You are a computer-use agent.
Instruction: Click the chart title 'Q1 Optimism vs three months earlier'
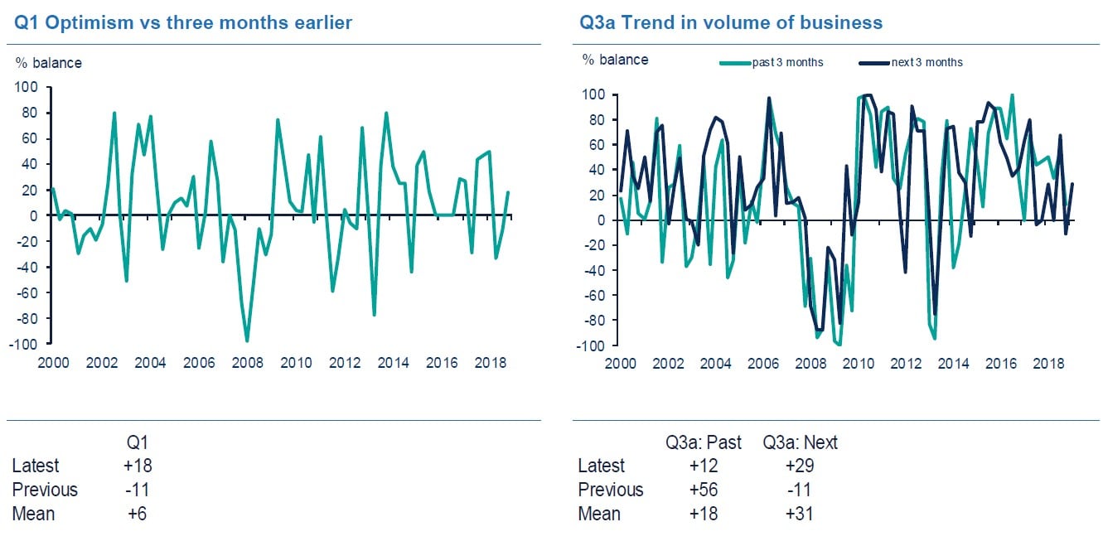tap(183, 22)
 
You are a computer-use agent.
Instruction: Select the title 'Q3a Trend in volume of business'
tap(731, 22)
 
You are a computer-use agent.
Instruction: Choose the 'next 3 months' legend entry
tap(926, 62)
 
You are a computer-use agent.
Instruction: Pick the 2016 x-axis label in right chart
tap(1002, 364)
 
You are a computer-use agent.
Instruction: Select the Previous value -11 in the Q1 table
tap(137, 490)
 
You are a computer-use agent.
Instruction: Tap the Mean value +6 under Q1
tap(137, 514)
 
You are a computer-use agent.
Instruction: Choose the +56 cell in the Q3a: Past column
tap(704, 490)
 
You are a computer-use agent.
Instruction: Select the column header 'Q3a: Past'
tap(704, 442)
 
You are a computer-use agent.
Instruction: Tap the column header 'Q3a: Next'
tap(800, 442)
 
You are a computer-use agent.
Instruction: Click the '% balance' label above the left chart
tap(48, 62)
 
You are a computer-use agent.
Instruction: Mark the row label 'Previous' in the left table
tap(45, 490)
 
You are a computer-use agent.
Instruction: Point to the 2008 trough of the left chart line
tap(247, 341)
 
